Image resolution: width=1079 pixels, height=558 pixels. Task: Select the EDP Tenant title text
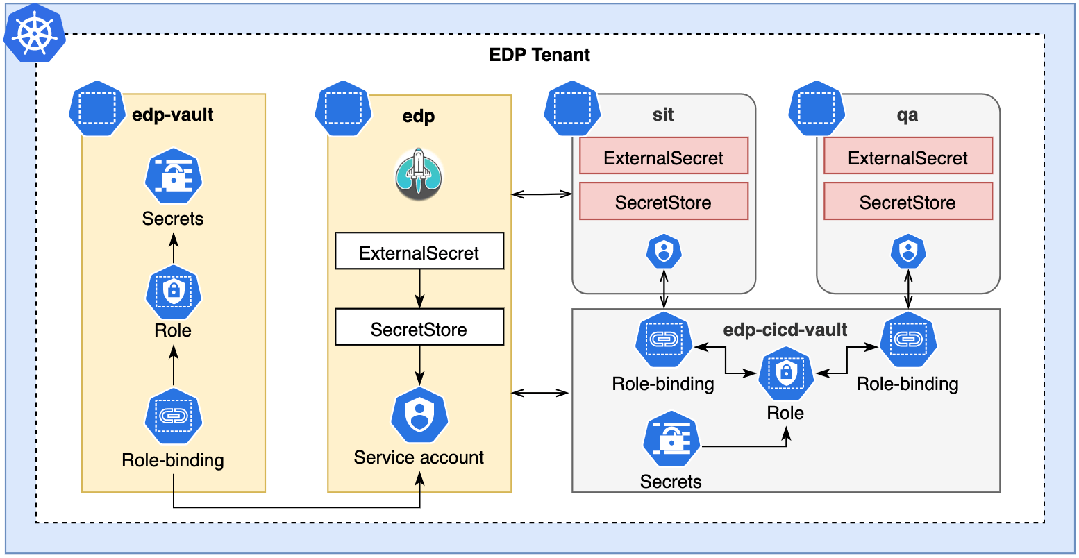click(539, 55)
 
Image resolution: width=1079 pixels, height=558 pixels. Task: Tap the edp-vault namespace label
click(172, 115)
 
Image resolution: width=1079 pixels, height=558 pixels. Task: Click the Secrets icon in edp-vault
click(173, 177)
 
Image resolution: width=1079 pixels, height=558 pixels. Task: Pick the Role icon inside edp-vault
click(173, 291)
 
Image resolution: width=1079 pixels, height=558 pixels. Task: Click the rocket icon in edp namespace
click(419, 174)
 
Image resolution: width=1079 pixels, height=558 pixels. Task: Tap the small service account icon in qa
click(907, 252)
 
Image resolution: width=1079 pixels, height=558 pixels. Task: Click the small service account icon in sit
click(664, 252)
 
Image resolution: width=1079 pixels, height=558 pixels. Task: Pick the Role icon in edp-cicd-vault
click(786, 374)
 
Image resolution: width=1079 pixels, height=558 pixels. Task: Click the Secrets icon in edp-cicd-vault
click(671, 441)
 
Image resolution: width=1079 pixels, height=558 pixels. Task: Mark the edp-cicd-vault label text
click(785, 330)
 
